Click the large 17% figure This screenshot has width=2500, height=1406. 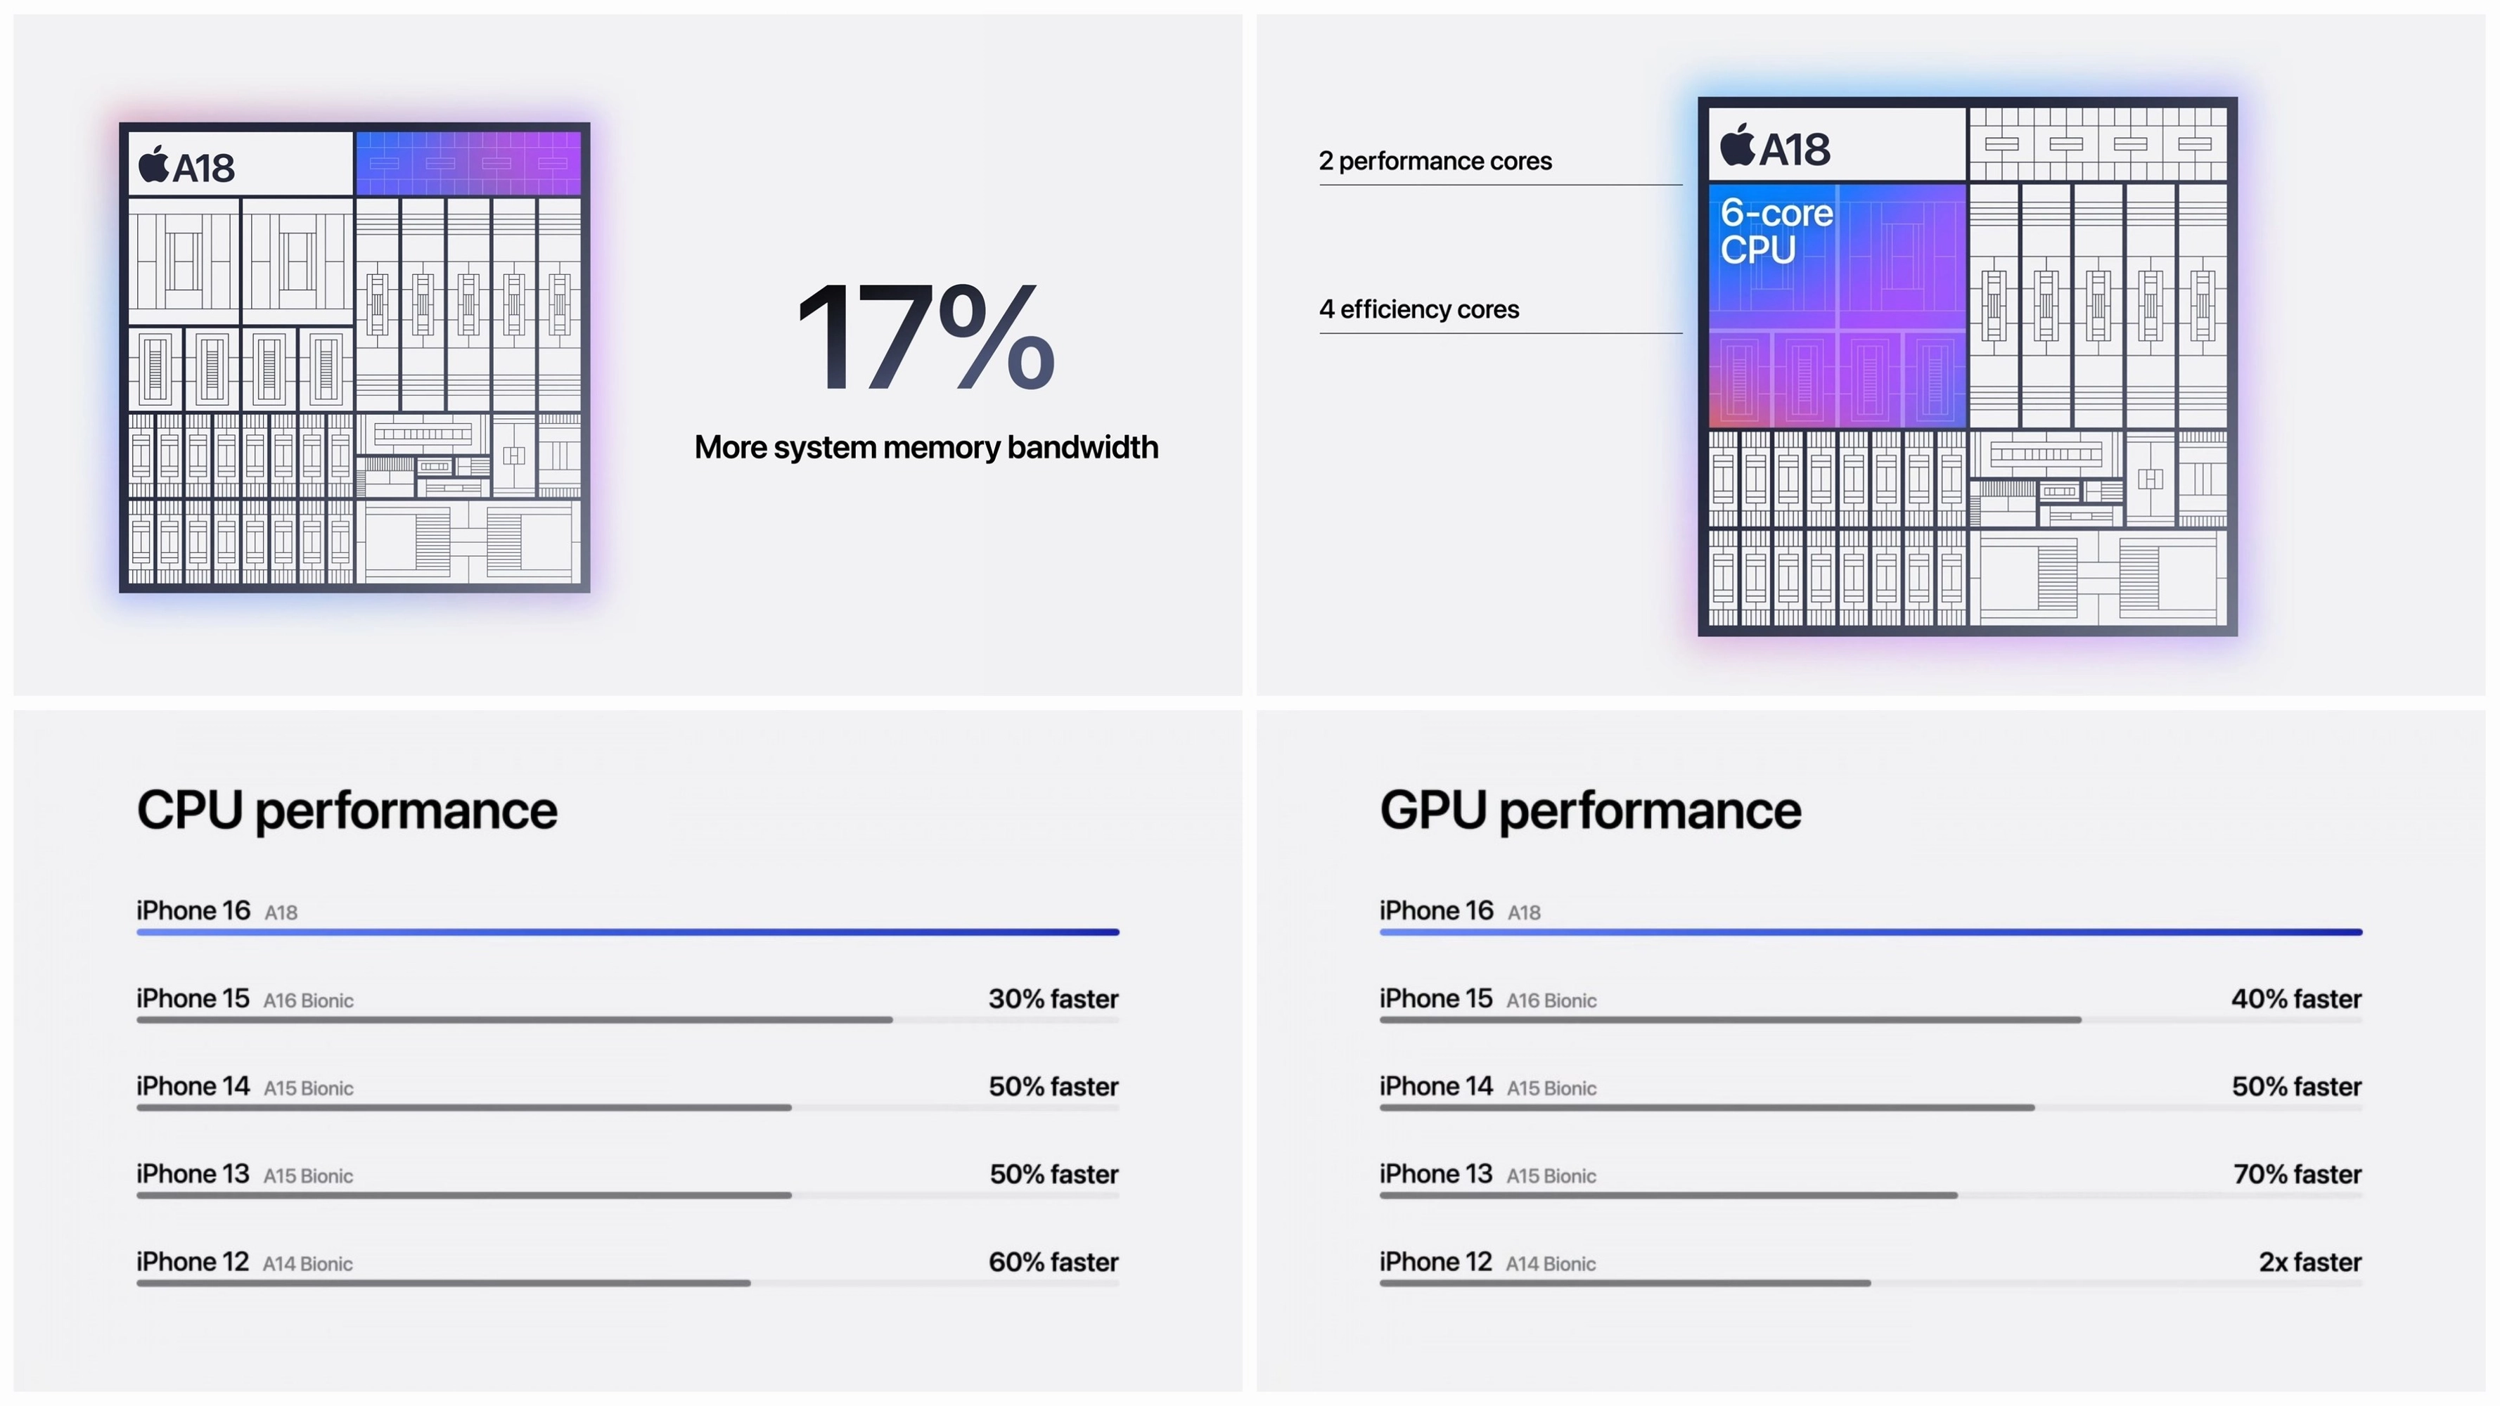click(925, 337)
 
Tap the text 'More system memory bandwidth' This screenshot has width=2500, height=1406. click(926, 447)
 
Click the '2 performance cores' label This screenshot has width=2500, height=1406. click(1435, 161)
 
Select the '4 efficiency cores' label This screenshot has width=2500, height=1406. click(1419, 309)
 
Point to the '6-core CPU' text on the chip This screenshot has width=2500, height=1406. click(1776, 231)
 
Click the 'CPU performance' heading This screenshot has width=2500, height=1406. click(347, 811)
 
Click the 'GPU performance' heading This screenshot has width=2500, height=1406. click(1590, 811)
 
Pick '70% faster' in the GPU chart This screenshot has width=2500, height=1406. click(2297, 1174)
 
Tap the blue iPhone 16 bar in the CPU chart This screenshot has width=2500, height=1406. click(628, 931)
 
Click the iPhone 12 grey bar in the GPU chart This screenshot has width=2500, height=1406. click(1624, 1283)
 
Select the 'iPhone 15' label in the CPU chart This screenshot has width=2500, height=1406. click(192, 998)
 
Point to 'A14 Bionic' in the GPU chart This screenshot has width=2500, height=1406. click(1550, 1263)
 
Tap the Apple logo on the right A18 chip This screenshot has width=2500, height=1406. click(1737, 145)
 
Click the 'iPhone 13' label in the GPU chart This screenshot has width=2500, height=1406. click(1435, 1174)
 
